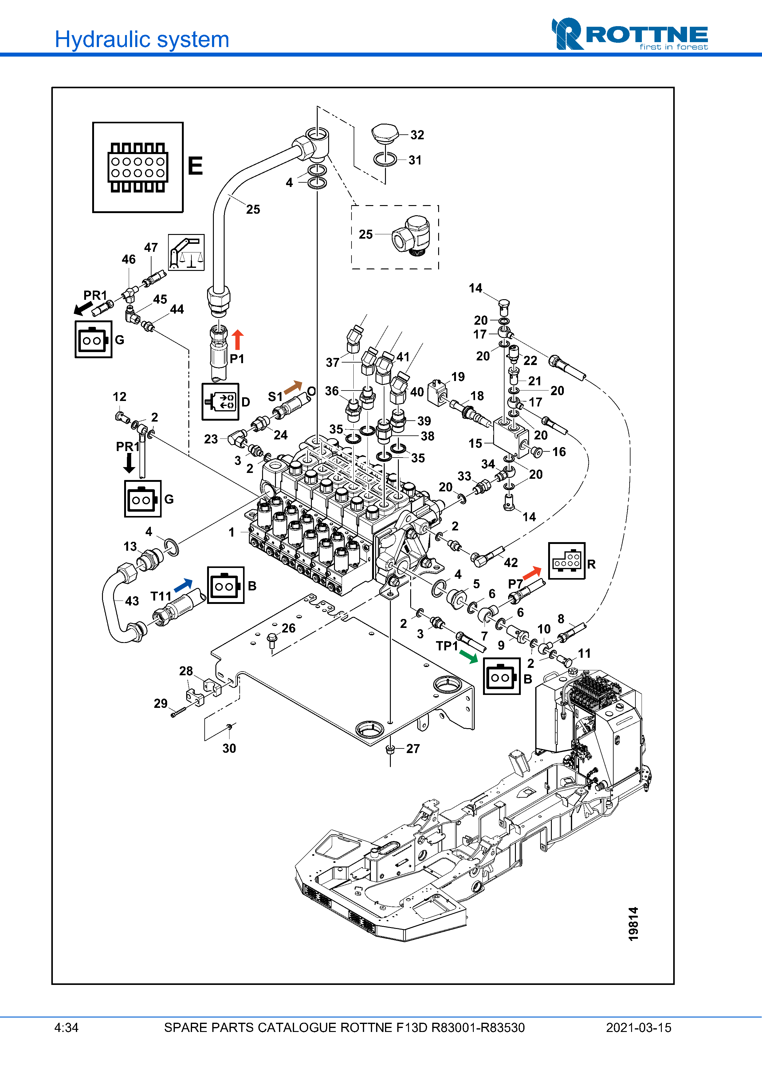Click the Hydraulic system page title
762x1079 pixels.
click(142, 39)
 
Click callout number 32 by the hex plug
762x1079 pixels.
click(417, 135)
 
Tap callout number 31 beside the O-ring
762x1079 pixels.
click(414, 160)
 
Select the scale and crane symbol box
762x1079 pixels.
click(187, 252)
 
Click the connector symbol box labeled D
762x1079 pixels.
click(220, 402)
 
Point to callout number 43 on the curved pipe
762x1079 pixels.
click(132, 601)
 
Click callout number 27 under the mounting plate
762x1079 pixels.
click(413, 749)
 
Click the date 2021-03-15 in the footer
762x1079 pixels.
click(638, 1028)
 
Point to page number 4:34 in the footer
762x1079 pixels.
click(66, 1028)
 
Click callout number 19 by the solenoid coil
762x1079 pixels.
click(458, 377)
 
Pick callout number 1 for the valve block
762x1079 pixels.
click(231, 532)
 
